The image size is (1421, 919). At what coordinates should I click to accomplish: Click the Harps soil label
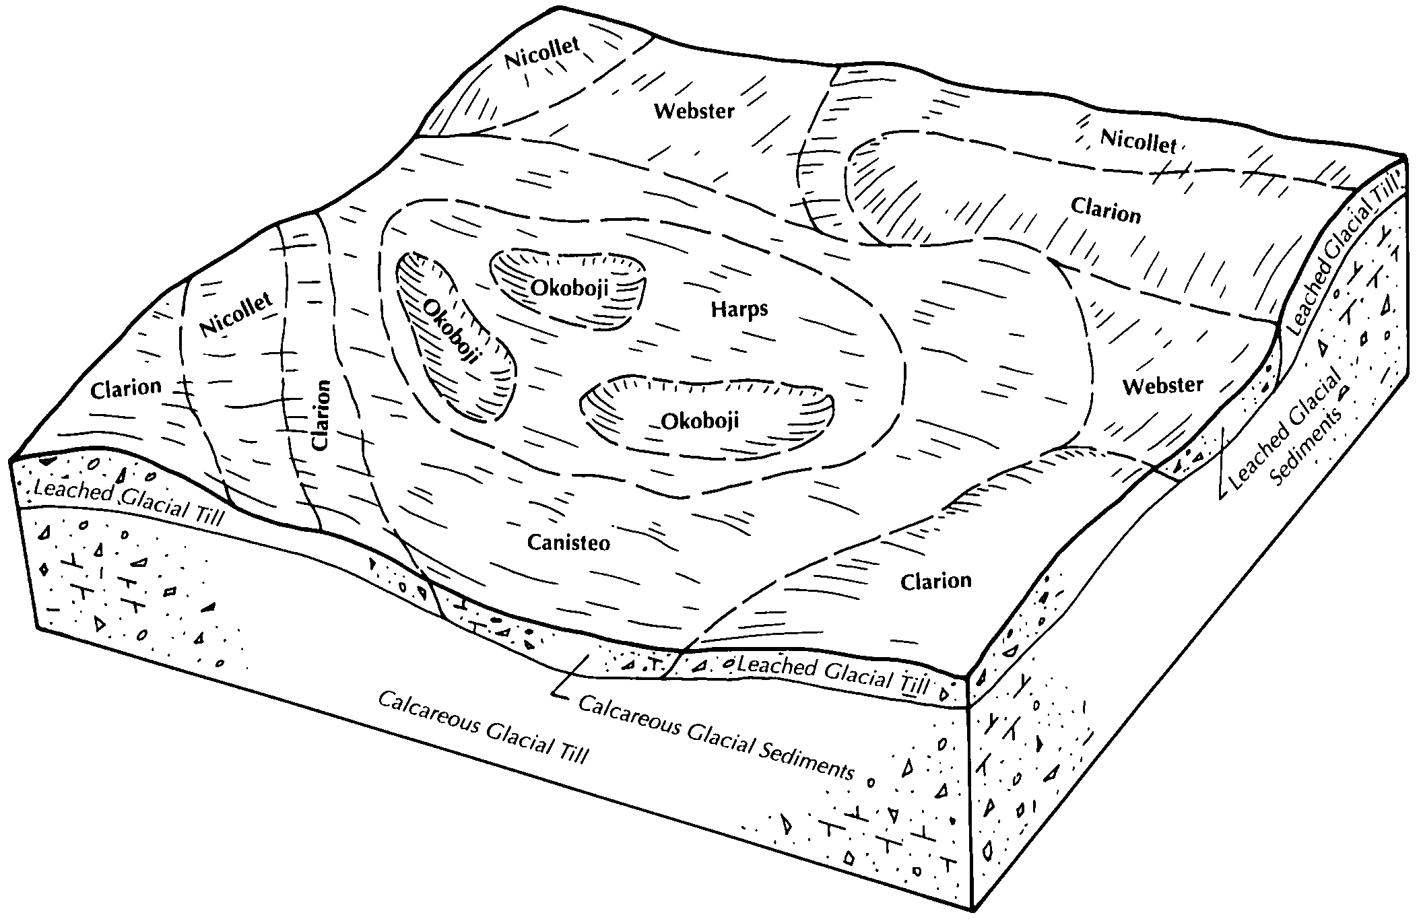(739, 310)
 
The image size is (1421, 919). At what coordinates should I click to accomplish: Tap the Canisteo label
(568, 542)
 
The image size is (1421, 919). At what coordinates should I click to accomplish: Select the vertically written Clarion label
(322, 414)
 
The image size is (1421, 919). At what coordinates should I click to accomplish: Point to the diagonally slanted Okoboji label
(450, 331)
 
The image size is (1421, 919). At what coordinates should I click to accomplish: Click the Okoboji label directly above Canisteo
(700, 421)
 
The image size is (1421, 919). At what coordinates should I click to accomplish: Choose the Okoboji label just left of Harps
(570, 288)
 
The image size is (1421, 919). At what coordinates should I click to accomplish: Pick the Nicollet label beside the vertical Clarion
(236, 314)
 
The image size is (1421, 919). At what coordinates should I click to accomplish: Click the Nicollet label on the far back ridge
(542, 54)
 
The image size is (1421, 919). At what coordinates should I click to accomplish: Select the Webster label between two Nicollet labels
(694, 111)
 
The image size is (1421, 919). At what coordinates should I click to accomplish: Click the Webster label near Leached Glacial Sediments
(1163, 386)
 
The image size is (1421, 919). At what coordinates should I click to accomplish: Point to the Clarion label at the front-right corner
(936, 580)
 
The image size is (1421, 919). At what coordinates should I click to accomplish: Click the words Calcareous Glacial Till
(483, 727)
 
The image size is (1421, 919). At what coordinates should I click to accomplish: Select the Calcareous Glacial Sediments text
(717, 737)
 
